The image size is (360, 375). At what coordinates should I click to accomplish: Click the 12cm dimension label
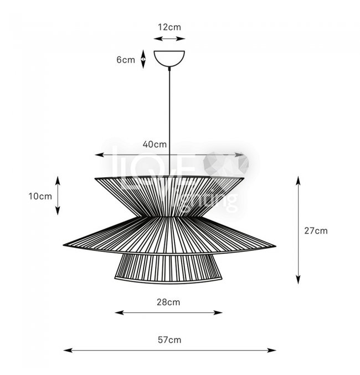click(x=169, y=27)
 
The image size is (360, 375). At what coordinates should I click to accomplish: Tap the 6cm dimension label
click(x=126, y=60)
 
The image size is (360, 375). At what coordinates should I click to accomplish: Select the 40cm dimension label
click(x=155, y=144)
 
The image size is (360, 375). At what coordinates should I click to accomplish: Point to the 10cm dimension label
click(x=40, y=196)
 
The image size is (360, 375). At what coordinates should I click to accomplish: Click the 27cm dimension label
click(x=316, y=231)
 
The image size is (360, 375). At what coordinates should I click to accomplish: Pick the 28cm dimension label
click(x=168, y=302)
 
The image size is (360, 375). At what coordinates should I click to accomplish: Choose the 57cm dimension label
click(x=169, y=340)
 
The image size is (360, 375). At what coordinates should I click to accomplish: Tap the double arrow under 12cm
click(x=169, y=39)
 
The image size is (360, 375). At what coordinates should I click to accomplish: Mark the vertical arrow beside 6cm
click(x=143, y=59)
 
